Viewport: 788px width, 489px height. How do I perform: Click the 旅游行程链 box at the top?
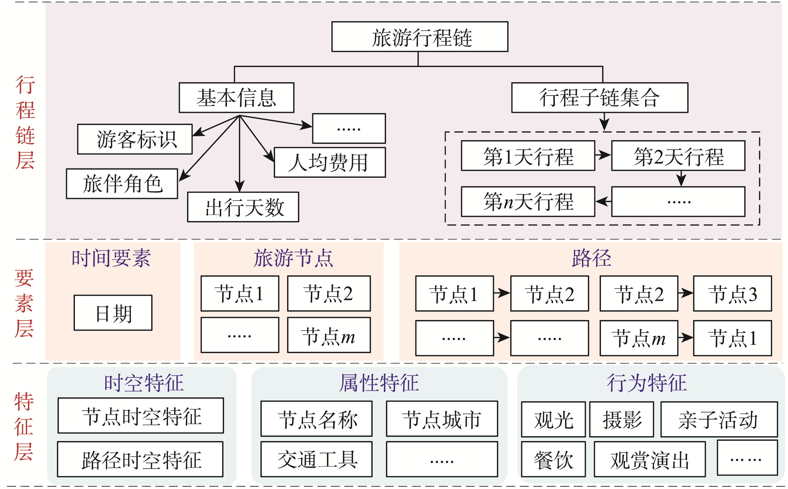click(x=419, y=36)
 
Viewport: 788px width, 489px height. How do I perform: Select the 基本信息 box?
click(x=236, y=97)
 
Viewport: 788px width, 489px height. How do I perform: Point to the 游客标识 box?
click(x=135, y=139)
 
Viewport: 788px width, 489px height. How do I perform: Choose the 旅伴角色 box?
click(x=122, y=183)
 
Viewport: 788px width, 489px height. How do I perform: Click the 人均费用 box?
click(x=329, y=162)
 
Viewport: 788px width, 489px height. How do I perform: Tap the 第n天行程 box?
click(x=528, y=201)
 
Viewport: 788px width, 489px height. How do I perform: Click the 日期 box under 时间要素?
click(x=113, y=312)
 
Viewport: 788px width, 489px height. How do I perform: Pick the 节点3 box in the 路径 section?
click(x=732, y=293)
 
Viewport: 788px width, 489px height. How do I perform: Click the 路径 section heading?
click(x=591, y=258)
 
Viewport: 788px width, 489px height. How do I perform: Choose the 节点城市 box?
click(x=441, y=419)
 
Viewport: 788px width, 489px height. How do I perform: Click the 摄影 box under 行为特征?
click(x=621, y=419)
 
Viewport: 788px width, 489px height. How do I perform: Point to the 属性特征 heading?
click(x=379, y=383)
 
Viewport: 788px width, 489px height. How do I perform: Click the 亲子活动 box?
click(x=719, y=419)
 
